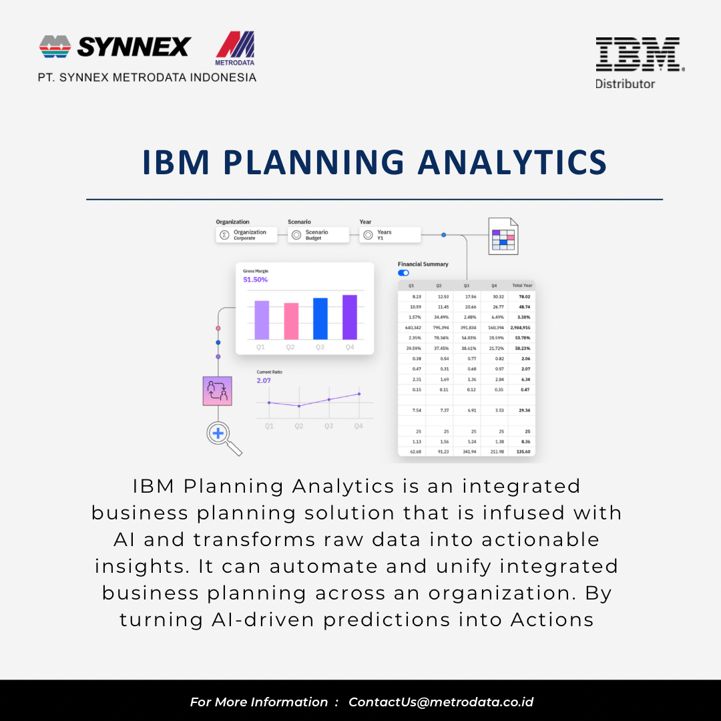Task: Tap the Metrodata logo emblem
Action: coord(235,48)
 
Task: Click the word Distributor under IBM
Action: coord(625,84)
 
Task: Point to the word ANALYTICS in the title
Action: coord(512,163)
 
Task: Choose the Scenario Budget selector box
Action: coord(318,235)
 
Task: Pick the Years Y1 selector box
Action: coord(391,235)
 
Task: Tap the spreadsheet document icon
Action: coord(503,236)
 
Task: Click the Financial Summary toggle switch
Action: coord(403,273)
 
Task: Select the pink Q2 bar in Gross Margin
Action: coord(291,321)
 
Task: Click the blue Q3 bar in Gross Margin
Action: coord(320,318)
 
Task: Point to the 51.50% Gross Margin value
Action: coord(255,280)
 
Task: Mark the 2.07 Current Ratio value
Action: coord(264,381)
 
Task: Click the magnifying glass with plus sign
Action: coord(218,434)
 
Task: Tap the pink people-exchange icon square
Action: coord(217,391)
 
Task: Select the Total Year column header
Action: coord(521,286)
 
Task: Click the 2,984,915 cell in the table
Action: coord(520,328)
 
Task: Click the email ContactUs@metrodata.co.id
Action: coord(441,702)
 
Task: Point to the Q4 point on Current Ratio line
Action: coord(359,394)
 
